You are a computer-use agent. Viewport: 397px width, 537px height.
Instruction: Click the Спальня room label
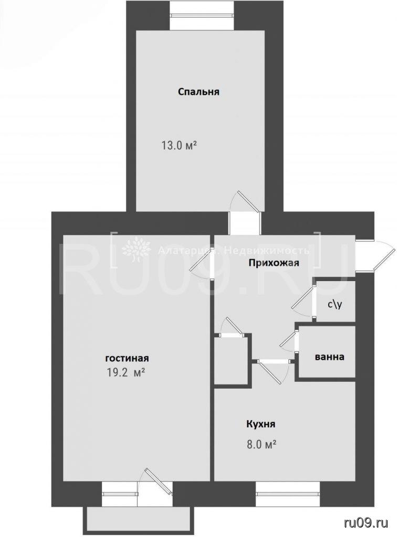198,92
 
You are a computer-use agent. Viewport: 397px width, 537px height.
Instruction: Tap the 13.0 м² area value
179,146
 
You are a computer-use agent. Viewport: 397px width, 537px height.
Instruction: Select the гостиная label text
127,358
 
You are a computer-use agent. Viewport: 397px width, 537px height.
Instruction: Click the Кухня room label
260,424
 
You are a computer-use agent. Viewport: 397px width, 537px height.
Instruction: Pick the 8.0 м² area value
261,445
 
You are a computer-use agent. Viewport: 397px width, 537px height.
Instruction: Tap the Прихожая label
274,263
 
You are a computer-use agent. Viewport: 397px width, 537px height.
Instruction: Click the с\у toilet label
335,305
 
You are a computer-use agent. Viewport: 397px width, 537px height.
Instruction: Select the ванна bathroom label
329,357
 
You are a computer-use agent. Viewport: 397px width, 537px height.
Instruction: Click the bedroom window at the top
202,15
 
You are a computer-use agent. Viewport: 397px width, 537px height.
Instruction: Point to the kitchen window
288,494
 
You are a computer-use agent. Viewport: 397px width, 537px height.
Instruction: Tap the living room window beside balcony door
120,494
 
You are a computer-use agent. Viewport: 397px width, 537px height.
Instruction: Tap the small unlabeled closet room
231,360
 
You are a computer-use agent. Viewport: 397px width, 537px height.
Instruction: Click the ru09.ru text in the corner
366,523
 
